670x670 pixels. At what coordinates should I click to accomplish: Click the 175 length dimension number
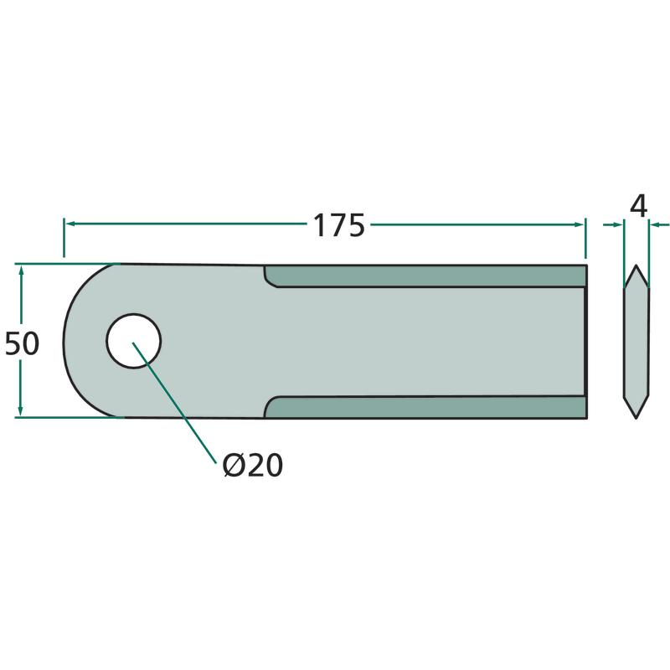[x=339, y=225]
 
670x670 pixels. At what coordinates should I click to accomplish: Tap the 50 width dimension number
[x=22, y=343]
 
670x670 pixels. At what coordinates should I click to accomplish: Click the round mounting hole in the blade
[x=134, y=341]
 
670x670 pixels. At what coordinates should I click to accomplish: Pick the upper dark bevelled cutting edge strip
[x=425, y=276]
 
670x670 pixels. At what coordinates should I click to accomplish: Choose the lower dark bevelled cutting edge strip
[x=425, y=407]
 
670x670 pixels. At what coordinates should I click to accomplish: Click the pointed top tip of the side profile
[x=636, y=265]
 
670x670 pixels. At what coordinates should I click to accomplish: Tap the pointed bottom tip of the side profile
[x=636, y=418]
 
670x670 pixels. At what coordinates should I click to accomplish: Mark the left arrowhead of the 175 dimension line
[x=70, y=224]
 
